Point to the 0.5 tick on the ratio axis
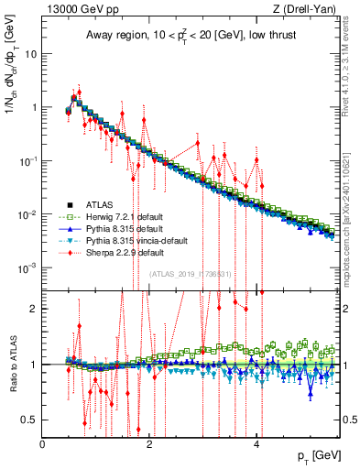coord(30,420)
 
